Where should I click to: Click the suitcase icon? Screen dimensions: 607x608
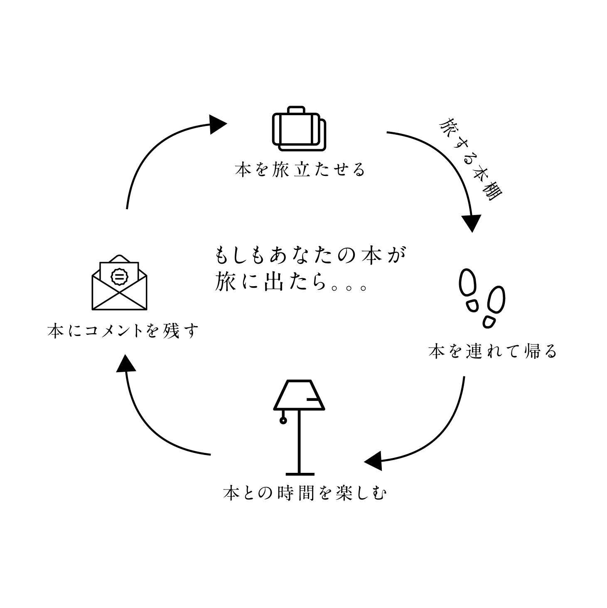coord(299,129)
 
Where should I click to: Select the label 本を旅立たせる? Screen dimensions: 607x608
coord(300,170)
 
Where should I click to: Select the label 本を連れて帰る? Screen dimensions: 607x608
coord(493,351)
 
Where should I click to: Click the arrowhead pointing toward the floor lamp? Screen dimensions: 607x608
coord(374,461)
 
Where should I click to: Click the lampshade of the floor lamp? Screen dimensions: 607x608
coord(299,395)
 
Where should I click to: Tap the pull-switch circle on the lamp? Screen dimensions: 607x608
coord(283,420)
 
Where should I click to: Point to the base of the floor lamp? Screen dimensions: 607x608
coord(300,474)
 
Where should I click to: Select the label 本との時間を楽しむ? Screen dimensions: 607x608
coord(305,493)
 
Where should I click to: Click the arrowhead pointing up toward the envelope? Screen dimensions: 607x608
coord(126,363)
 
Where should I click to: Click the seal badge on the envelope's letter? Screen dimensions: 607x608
coord(120,277)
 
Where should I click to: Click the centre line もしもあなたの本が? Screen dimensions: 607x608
coord(310,255)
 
